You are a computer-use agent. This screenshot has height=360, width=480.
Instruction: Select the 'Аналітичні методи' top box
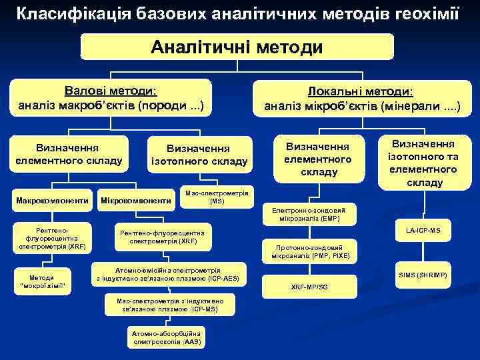[x=237, y=47]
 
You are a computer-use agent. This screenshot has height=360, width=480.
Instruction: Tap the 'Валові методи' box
[x=111, y=97]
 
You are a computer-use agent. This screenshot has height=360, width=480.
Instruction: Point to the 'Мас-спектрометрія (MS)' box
[x=217, y=196]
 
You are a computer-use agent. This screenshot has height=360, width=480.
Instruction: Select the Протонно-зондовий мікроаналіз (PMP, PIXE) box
[x=309, y=251]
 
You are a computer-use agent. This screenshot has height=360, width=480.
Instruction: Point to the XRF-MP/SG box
[x=309, y=287]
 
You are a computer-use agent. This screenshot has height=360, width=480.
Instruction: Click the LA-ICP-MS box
[x=423, y=231]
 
